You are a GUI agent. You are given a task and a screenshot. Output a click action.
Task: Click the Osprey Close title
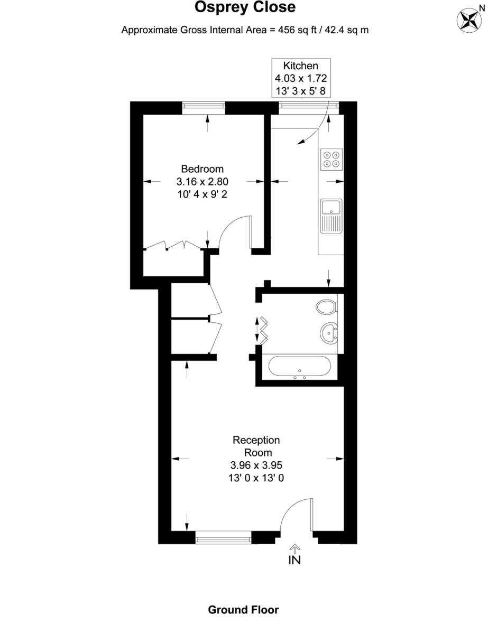tap(245, 7)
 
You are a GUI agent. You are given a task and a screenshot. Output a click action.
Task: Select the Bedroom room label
tap(202, 169)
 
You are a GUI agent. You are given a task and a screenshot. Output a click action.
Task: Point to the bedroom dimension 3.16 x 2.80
tap(202, 182)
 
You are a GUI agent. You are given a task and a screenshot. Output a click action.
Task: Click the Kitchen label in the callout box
tap(301, 66)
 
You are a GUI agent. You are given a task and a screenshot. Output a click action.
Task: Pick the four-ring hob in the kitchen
tap(332, 159)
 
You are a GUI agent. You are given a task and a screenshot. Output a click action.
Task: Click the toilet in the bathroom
tap(327, 307)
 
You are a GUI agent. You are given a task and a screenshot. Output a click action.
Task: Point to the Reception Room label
tap(257, 446)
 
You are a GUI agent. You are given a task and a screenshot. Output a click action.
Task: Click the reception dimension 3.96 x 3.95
tap(257, 465)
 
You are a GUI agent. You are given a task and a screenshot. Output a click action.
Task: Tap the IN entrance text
tap(294, 561)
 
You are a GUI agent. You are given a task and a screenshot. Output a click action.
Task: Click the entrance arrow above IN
tap(295, 548)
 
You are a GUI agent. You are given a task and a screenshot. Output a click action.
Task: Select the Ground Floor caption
tap(243, 610)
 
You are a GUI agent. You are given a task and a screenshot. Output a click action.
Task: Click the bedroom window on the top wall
tap(204, 108)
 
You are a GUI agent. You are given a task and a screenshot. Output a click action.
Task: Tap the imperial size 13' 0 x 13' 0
tap(257, 478)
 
